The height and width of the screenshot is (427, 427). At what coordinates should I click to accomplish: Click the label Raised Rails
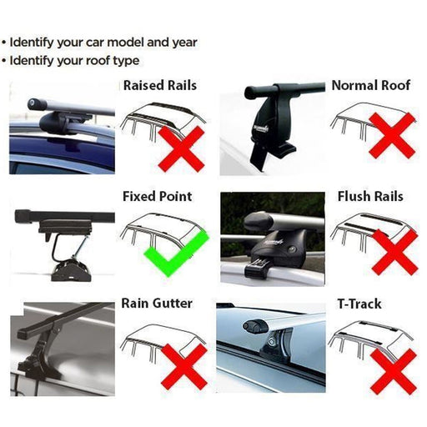click(x=160, y=85)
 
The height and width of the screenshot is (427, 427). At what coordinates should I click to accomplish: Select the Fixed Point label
click(x=157, y=197)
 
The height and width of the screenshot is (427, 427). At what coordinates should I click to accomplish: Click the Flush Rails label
click(x=370, y=197)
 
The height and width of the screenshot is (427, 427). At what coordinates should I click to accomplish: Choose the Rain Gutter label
click(x=158, y=303)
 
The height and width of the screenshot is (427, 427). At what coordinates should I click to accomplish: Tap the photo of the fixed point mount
click(x=63, y=238)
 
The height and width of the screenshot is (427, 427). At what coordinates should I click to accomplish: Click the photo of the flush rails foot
click(x=270, y=238)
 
